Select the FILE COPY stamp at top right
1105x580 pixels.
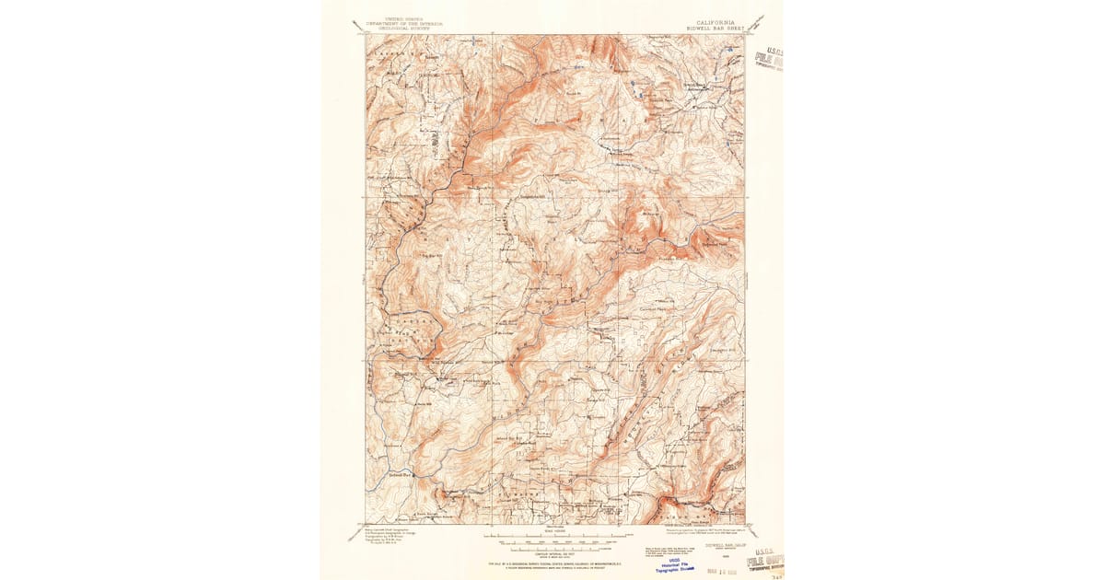pyautogui.click(x=769, y=60)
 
